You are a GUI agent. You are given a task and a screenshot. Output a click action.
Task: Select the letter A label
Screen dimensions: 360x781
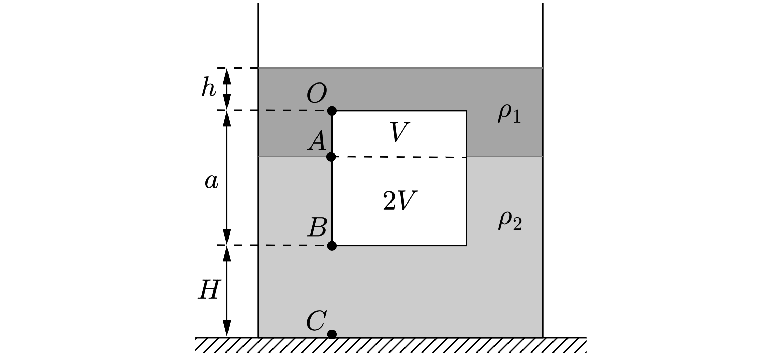317,141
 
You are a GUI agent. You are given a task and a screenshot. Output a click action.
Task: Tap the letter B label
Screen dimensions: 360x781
317,227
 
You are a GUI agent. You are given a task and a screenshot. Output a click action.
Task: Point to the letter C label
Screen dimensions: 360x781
316,321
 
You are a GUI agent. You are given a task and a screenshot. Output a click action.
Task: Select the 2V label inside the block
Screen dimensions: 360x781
400,200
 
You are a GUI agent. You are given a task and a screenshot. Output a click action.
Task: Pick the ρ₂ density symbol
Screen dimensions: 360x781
510,221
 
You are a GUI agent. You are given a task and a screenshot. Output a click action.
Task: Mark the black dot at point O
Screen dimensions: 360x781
332,111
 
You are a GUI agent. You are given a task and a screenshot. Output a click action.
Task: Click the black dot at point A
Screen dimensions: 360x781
331,157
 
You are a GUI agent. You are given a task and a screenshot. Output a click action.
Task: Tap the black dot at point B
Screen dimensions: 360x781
332,245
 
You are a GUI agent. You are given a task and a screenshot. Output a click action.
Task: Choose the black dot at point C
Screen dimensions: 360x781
332,334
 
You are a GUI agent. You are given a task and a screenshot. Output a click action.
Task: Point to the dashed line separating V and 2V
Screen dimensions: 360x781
399,157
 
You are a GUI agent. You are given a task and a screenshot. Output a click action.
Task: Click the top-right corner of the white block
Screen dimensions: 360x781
466,111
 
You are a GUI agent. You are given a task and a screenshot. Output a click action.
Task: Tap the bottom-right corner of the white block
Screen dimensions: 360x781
466,245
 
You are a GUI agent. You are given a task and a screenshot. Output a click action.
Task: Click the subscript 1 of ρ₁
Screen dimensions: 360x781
516,118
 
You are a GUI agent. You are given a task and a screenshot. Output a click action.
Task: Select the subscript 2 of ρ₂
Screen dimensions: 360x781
517,225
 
